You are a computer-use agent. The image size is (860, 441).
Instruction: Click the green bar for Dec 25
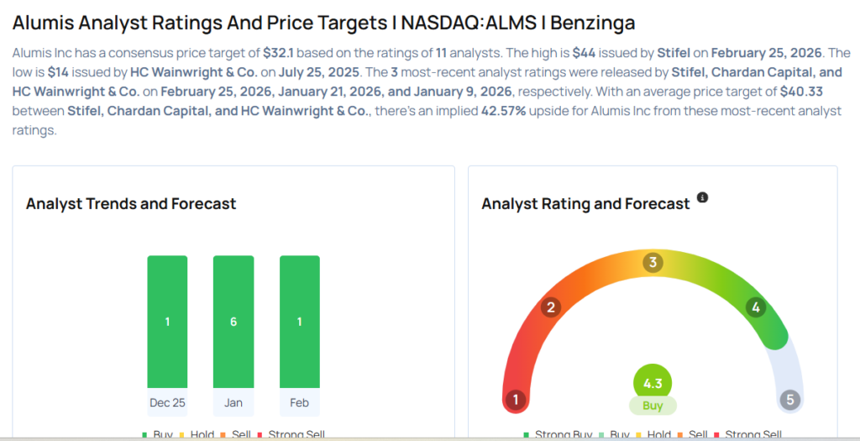coord(167,322)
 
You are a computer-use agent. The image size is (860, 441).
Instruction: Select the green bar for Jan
coord(233,322)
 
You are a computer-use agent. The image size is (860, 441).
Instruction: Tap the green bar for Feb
coord(299,322)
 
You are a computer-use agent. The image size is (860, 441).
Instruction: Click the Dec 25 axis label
coord(167,402)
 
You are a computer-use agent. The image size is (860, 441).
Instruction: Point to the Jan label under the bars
coord(233,402)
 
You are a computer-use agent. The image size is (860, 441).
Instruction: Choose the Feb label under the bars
coord(299,402)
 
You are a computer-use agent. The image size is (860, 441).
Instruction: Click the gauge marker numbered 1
coord(516,400)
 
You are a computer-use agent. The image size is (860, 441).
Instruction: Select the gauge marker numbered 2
coord(551,307)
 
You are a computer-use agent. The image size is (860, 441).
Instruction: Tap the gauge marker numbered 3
coord(653,263)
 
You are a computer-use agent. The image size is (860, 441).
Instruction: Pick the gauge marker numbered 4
coord(756,307)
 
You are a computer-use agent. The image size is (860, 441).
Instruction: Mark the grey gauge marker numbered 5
coord(789,400)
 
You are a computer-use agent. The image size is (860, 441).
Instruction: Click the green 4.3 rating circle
coord(653,384)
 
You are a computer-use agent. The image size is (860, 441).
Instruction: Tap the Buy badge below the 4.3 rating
coord(653,406)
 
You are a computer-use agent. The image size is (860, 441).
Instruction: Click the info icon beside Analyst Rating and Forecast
coord(703,198)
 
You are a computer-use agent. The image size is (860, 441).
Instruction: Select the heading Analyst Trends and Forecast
coord(131,204)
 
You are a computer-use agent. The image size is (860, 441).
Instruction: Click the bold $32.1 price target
coord(278,52)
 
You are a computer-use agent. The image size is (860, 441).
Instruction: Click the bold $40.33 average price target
coord(800,92)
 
